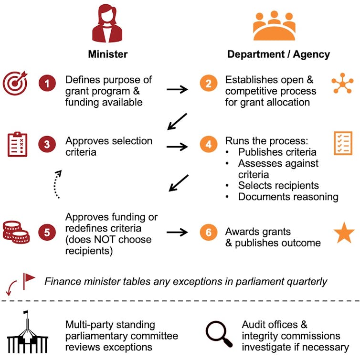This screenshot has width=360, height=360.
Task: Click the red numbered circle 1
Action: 47,85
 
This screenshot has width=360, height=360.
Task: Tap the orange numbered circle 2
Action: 208,85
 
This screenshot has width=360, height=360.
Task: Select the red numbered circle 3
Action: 47,145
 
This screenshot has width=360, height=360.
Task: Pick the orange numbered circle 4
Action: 208,145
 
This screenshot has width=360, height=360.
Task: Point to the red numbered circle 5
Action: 47,233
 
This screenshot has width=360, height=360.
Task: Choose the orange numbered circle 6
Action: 208,233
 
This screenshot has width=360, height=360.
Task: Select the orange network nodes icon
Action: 342,84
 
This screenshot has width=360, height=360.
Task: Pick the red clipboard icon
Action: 18,144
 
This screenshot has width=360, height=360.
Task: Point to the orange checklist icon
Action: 343,143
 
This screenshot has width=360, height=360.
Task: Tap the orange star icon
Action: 344,233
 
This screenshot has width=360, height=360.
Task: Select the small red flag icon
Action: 29,278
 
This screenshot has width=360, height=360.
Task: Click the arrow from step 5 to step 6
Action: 177,233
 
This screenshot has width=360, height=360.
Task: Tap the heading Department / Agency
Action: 278,54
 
